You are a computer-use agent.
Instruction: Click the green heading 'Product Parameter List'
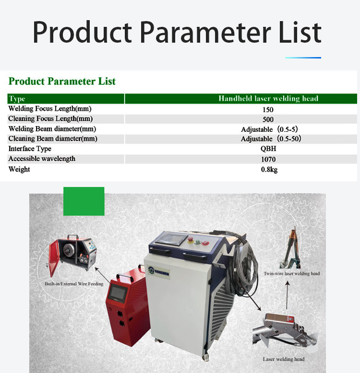click(62, 82)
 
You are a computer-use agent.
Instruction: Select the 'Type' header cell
click(66, 99)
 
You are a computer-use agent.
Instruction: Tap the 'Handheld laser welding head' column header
click(240, 98)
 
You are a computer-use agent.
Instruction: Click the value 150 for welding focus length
click(268, 110)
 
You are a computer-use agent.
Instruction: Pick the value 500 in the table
click(268, 119)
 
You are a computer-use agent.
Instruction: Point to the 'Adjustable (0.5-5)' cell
click(269, 129)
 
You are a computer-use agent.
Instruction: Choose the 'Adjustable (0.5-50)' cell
click(271, 139)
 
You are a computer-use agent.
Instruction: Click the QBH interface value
click(268, 149)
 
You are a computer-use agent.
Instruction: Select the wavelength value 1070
click(268, 159)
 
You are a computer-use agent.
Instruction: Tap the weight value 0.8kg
click(269, 169)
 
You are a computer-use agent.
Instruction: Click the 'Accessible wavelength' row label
click(42, 159)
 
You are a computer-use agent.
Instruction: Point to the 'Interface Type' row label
click(30, 149)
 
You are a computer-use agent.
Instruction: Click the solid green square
click(84, 201)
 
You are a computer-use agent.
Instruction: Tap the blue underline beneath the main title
click(303, 58)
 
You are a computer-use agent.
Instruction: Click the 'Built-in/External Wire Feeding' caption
click(74, 283)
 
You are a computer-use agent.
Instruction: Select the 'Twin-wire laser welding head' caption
click(292, 274)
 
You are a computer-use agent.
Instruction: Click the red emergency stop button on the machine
click(191, 239)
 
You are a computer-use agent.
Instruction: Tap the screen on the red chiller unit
click(117, 293)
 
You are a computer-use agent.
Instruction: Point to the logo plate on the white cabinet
click(158, 272)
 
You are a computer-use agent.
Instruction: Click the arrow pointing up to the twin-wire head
click(287, 295)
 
